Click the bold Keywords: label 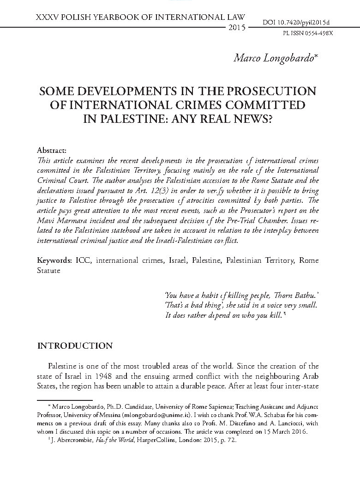[x=54, y=260]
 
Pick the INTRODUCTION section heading [x=74, y=345]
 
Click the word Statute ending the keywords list [x=48, y=270]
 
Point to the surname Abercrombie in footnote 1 [x=72, y=441]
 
